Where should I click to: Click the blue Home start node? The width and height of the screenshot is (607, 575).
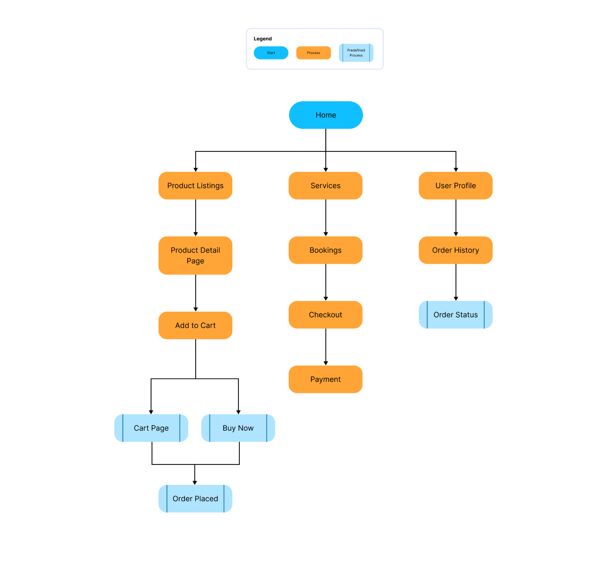click(326, 115)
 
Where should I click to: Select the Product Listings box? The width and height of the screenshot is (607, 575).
click(195, 186)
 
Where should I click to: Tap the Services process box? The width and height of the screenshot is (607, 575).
click(325, 186)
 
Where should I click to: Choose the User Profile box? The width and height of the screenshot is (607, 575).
click(455, 186)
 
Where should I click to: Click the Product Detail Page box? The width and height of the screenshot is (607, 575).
click(195, 255)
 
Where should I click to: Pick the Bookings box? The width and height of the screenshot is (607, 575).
click(325, 250)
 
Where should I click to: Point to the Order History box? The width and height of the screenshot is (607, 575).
click(455, 250)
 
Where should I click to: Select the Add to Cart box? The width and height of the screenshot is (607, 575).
click(195, 326)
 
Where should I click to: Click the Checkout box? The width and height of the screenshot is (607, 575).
click(325, 315)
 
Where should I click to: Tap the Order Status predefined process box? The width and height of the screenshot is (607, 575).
click(455, 315)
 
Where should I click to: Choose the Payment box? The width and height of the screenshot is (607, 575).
click(325, 379)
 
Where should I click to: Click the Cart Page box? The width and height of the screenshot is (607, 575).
click(151, 428)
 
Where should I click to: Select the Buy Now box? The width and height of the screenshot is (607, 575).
click(238, 428)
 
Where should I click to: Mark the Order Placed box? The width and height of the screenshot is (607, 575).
click(195, 499)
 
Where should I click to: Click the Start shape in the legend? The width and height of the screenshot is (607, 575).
click(271, 53)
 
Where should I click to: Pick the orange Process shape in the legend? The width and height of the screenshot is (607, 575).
click(314, 53)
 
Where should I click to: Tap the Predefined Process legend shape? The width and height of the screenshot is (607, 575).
click(356, 53)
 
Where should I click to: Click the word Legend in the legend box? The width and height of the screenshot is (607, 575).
click(263, 39)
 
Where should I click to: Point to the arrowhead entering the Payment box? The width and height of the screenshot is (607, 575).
click(326, 363)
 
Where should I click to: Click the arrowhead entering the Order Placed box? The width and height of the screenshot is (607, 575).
click(195, 483)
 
